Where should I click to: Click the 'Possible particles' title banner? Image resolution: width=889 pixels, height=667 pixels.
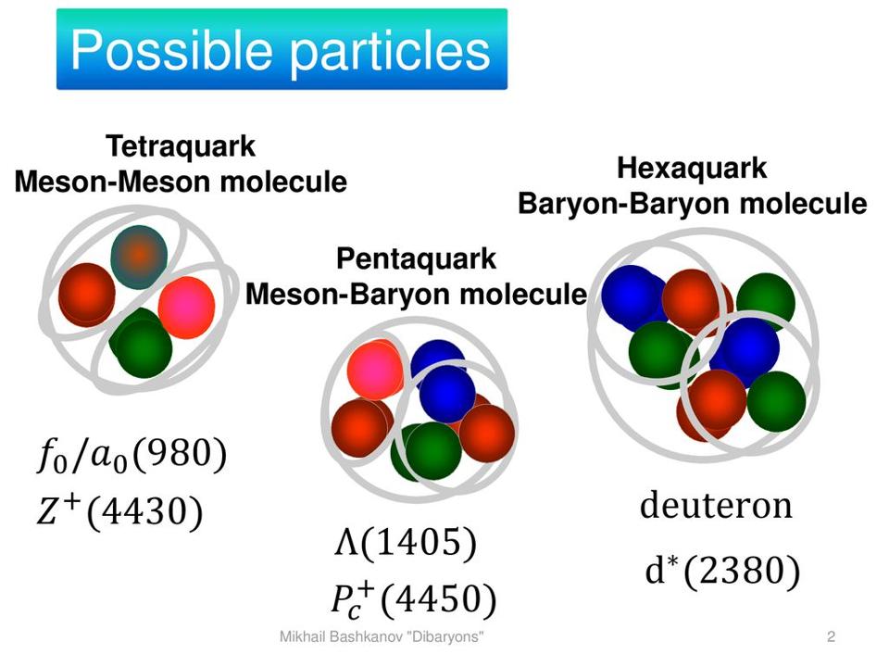coord(282,49)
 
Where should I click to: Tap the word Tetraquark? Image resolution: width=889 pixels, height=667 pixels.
coord(181,146)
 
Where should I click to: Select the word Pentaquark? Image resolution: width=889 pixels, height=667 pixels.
coord(416,258)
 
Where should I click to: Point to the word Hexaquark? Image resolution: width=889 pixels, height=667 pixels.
coord(692,168)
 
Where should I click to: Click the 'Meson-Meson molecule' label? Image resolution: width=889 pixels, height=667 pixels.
coord(181,182)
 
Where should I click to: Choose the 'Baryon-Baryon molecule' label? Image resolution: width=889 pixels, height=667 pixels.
coord(693,204)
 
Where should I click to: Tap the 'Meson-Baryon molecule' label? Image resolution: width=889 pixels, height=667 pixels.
coord(416,295)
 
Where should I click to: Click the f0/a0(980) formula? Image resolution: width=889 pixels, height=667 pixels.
coord(131,456)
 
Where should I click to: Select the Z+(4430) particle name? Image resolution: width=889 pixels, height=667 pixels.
coord(119,511)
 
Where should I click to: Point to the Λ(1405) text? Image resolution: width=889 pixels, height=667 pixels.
coord(406,542)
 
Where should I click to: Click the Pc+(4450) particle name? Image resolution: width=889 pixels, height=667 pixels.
coord(414,599)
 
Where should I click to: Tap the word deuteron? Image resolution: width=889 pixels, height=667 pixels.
coord(716,506)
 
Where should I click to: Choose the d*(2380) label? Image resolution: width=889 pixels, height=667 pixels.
coord(723,570)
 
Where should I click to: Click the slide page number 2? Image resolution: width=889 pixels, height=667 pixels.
coord(832,637)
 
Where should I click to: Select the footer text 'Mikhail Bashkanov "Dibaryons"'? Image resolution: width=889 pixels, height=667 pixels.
coord(382,637)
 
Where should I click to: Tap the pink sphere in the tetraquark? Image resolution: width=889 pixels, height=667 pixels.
coord(186,308)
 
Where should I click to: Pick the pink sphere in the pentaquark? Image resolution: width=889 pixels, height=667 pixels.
coord(375,370)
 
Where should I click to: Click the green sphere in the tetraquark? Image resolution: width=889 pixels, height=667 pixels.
coord(142,344)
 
